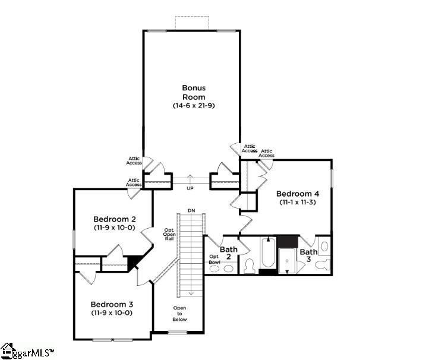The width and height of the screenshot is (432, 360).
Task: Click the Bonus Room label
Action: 194,92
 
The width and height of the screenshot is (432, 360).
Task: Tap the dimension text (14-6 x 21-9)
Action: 194,106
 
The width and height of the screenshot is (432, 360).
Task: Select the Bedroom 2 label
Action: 115,219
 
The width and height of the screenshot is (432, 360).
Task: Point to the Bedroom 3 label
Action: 112,304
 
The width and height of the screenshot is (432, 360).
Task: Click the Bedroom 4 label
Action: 298,194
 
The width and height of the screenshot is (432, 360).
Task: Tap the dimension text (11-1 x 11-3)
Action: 298,202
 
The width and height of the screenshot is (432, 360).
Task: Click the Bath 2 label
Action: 229,253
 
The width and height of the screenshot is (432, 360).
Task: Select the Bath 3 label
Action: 308,255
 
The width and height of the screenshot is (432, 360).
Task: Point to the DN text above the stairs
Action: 191,211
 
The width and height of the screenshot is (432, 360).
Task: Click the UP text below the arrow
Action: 190,188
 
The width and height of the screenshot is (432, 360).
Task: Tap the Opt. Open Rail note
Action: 169,234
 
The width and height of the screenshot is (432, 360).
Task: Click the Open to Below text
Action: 179,314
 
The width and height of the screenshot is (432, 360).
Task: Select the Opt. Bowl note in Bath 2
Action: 215,260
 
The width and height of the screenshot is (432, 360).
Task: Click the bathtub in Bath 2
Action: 268,252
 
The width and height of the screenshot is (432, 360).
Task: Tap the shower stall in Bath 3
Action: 287,261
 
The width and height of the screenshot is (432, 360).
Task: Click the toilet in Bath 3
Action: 322,265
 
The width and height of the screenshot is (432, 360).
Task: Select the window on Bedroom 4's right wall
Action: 332,178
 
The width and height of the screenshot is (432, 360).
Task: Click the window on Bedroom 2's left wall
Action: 74,239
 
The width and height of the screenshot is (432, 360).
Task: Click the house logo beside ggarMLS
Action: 7,350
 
